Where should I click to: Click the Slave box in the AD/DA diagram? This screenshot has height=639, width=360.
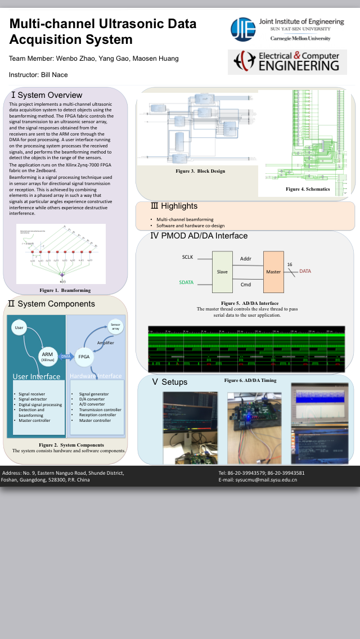click(222, 271)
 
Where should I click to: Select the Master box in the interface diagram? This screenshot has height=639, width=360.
click(273, 271)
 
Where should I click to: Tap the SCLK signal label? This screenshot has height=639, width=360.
click(187, 257)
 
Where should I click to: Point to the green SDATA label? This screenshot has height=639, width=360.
click(186, 282)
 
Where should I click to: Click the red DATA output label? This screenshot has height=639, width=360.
click(305, 271)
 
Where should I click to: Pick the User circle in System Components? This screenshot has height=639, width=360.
click(19, 327)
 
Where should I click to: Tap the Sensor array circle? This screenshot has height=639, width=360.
click(115, 327)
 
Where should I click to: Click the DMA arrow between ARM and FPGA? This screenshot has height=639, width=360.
click(66, 356)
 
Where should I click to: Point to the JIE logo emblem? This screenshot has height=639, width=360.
click(242, 29)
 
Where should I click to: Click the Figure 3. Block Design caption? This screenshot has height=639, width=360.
click(200, 171)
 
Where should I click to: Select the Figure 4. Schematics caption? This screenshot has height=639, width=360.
click(307, 189)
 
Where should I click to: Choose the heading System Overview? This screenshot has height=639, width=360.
click(47, 95)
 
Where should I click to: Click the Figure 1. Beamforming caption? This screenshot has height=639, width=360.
click(65, 290)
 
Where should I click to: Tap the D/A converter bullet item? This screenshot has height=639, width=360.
click(92, 399)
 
